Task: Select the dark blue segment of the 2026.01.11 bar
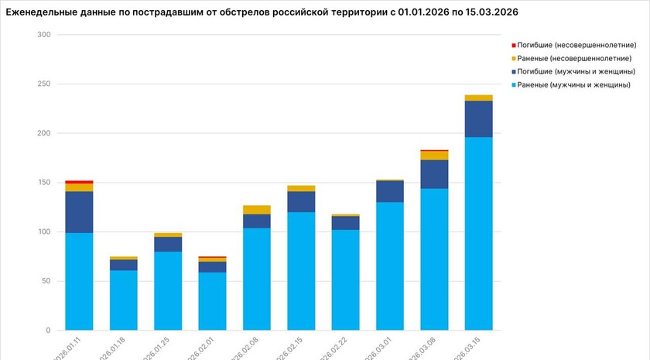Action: click(79, 211)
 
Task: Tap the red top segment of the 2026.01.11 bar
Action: click(79, 182)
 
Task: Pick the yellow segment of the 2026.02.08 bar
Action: click(256, 210)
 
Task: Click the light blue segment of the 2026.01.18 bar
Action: click(123, 300)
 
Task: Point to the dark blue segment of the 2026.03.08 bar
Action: click(434, 174)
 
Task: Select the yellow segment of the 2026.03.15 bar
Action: click(478, 98)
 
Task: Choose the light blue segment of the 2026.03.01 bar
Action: click(390, 266)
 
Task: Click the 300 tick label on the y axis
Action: click(43, 36)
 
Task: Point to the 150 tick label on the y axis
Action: click(43, 183)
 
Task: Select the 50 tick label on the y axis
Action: click(46, 281)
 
